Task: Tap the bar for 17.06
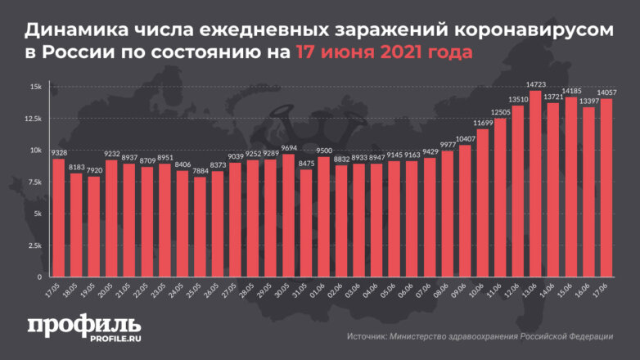tap(606, 187)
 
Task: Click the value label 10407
tap(465, 139)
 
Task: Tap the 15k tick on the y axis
tap(37, 87)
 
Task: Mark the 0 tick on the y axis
tap(40, 276)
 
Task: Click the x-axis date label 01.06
tap(319, 290)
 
